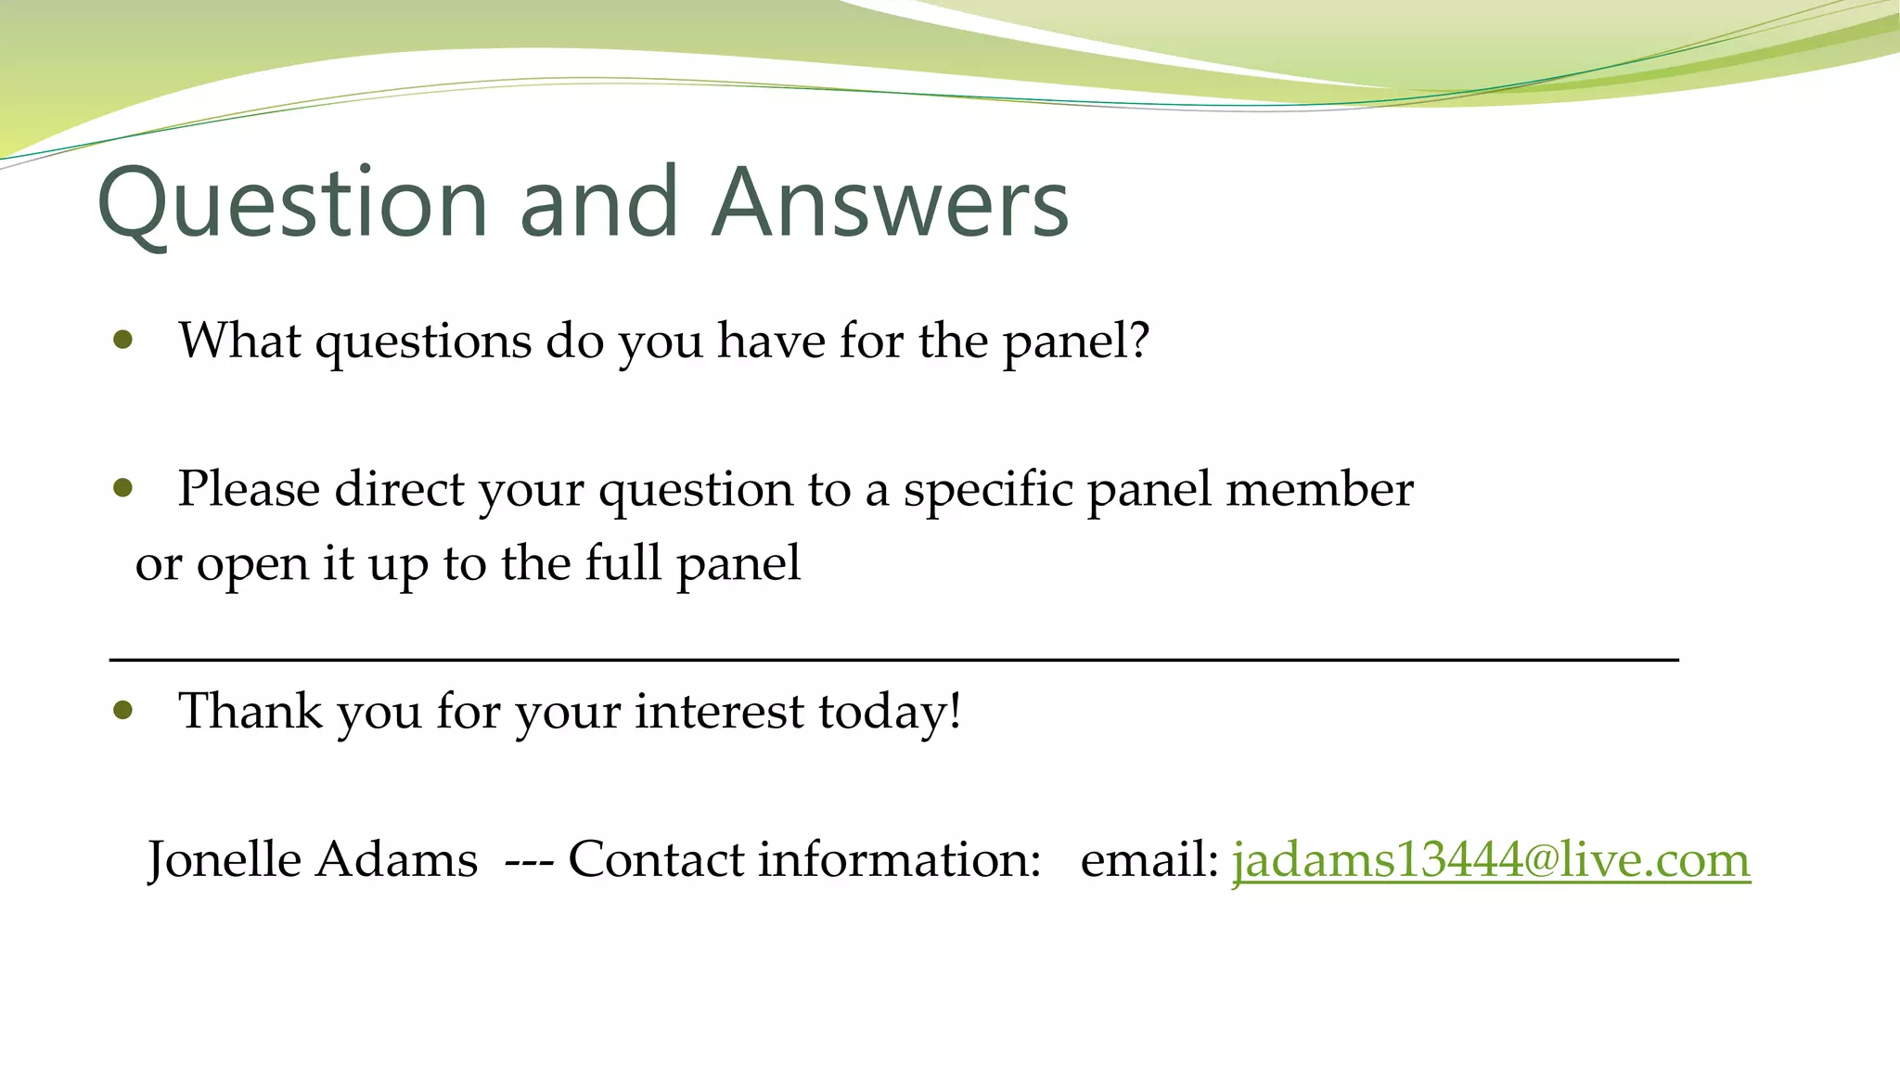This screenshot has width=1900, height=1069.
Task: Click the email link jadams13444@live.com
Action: [1491, 859]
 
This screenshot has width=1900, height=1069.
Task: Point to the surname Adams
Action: [396, 859]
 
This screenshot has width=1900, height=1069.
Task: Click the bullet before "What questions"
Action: [123, 341]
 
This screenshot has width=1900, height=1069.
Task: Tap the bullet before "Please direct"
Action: [123, 488]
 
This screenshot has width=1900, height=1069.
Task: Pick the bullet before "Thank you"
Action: [123, 711]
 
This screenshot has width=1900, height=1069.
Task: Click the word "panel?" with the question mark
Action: [1076, 341]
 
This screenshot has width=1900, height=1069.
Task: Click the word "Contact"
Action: [656, 859]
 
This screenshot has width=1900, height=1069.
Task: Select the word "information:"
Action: [900, 859]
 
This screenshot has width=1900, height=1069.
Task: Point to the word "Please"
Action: [249, 489]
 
